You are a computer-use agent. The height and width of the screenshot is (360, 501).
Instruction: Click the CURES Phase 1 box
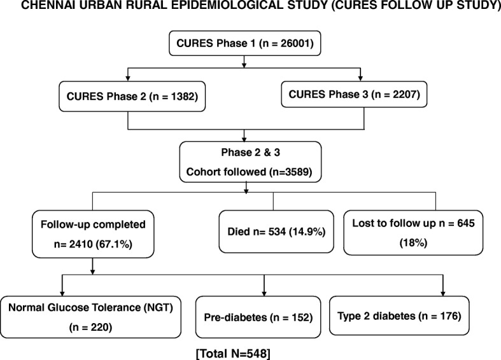pyautogui.click(x=244, y=43)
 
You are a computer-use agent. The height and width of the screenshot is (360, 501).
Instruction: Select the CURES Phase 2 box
pyautogui.click(x=132, y=97)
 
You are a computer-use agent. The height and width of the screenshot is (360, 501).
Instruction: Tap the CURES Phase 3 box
pyautogui.click(x=354, y=94)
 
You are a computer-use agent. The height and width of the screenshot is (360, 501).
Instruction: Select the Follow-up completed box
pyautogui.click(x=93, y=234)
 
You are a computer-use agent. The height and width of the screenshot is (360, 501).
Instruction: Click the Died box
pyautogui.click(x=276, y=232)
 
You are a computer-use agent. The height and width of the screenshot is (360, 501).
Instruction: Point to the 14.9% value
pyautogui.click(x=307, y=232)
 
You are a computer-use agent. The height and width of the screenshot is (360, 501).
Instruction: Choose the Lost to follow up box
pyautogui.click(x=413, y=233)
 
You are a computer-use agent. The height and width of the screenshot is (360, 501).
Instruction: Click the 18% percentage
pyautogui.click(x=413, y=243)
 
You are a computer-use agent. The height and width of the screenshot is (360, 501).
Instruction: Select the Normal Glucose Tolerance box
pyautogui.click(x=91, y=317)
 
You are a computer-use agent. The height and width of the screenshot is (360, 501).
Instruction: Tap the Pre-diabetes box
pyautogui.click(x=258, y=317)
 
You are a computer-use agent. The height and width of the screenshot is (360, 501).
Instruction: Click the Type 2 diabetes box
pyautogui.click(x=399, y=315)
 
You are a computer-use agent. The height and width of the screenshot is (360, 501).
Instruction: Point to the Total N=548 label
pyautogui.click(x=233, y=354)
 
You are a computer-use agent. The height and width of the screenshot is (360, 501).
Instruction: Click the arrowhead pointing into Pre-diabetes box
pyautogui.click(x=264, y=293)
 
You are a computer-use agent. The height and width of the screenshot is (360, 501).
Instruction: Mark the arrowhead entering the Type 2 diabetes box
pyautogui.click(x=443, y=293)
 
